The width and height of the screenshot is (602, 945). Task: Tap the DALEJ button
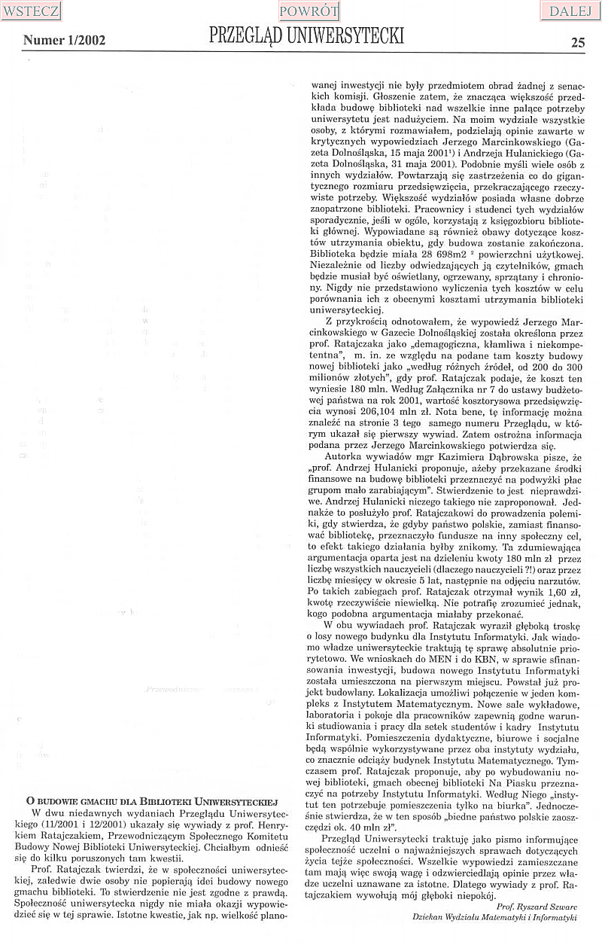point(570,11)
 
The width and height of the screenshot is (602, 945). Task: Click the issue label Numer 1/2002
point(64,40)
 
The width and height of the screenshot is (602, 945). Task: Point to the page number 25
point(578,42)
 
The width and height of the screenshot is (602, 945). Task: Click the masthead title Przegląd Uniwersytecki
point(306,36)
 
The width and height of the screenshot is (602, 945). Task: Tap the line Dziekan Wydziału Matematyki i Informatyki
point(494,918)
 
